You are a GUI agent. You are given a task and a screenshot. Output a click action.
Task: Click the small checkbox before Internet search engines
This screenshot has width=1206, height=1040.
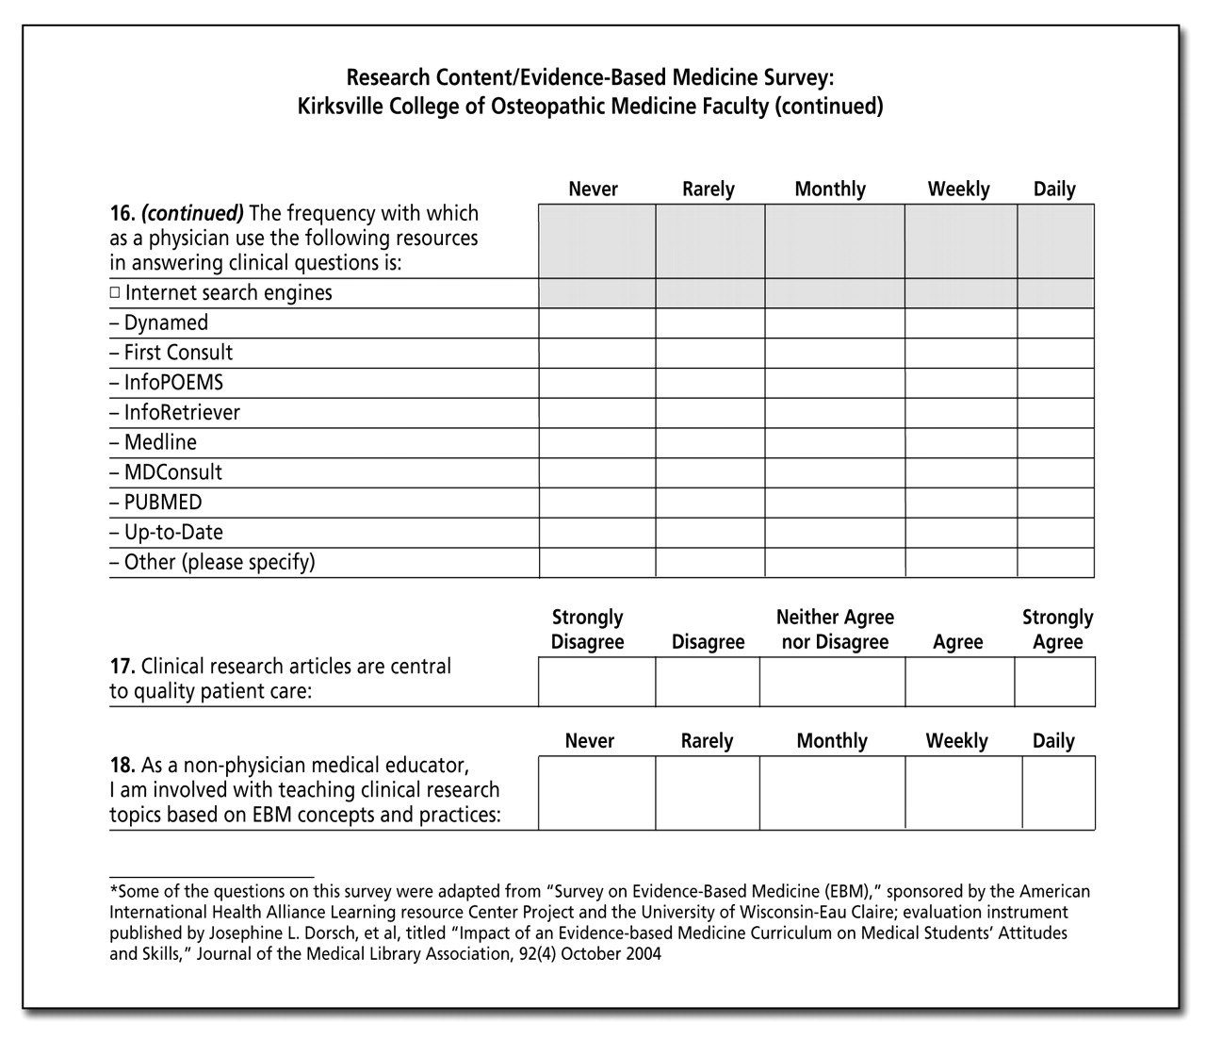pos(115,293)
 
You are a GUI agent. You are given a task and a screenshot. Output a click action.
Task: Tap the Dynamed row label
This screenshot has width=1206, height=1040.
pos(165,322)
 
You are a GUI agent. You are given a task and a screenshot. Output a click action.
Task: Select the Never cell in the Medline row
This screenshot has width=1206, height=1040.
pos(596,442)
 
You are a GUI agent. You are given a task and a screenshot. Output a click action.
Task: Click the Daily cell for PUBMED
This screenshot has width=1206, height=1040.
pos(1055,503)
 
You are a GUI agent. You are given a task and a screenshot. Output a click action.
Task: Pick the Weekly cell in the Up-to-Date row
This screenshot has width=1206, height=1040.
pos(960,533)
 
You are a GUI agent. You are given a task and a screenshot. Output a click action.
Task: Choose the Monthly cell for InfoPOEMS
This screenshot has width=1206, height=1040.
pos(834,383)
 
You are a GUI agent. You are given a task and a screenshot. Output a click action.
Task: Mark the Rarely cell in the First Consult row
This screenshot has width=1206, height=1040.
pos(709,353)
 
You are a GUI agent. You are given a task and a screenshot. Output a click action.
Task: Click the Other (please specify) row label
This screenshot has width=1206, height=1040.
pos(219,563)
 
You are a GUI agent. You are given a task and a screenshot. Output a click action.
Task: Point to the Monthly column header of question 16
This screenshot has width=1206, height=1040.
pos(830,190)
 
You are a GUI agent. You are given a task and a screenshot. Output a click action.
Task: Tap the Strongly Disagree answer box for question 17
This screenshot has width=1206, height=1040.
pos(596,682)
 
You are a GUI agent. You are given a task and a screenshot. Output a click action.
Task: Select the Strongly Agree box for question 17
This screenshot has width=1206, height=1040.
pos(1054,682)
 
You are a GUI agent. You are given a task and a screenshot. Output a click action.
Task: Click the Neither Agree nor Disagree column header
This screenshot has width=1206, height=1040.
pos(835,630)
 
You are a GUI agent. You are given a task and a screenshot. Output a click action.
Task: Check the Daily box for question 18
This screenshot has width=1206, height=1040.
pos(1058,792)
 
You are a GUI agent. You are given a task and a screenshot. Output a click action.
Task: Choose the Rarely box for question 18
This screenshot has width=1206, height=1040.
pos(707,792)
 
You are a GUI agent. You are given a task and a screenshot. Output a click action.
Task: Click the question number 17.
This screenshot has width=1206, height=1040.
pos(122,667)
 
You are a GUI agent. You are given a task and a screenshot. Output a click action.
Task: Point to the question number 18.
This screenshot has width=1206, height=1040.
pos(122,765)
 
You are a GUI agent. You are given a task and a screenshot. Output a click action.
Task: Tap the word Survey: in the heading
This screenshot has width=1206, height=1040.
pos(798,76)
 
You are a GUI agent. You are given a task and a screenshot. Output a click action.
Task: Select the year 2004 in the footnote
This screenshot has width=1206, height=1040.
pos(641,954)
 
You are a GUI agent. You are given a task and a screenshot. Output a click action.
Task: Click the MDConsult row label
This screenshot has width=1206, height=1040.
pos(172,472)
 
